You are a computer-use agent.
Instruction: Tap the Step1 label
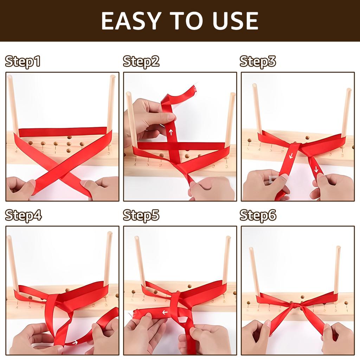23,61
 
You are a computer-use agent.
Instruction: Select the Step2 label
141,61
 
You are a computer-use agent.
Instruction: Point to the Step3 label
258,61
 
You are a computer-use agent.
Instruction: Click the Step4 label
23,215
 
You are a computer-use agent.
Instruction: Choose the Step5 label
141,215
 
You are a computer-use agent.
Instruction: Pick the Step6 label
258,215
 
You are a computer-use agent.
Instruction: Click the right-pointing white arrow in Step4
75,342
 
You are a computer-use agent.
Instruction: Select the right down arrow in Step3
316,169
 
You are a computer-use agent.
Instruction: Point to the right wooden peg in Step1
111,102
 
